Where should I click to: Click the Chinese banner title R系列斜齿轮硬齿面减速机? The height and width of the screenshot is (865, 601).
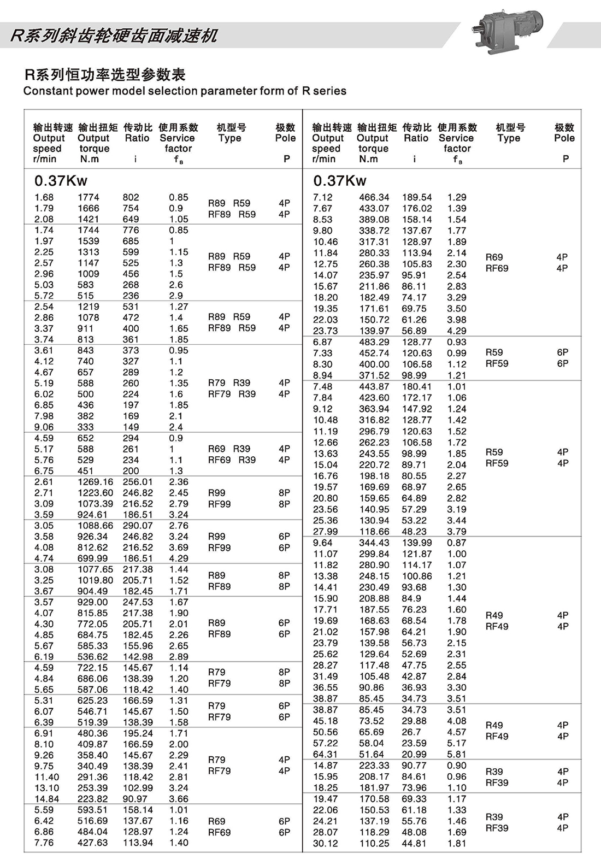(114, 36)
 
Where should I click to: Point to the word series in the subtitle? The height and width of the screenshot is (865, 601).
(329, 91)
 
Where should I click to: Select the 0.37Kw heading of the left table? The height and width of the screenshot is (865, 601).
(61, 180)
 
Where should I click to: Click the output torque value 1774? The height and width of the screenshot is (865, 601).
(89, 197)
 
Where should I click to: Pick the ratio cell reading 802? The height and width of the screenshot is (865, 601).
(131, 197)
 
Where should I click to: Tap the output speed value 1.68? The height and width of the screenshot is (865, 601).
(44, 197)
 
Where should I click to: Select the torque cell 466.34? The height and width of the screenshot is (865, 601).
(374, 197)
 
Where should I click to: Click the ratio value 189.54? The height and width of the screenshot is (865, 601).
(417, 197)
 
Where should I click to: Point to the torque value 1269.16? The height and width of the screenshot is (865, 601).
(96, 482)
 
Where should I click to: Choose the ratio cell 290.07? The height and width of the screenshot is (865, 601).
(138, 526)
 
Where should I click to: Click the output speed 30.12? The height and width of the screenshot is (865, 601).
(326, 843)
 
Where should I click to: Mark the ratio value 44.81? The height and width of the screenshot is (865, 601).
(414, 843)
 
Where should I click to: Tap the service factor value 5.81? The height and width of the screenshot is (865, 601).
(457, 754)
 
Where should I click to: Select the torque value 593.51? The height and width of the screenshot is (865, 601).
(93, 810)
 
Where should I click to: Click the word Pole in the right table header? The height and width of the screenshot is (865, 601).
(564, 138)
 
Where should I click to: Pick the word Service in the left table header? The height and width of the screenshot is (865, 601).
(177, 138)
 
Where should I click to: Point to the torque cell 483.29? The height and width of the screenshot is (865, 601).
(374, 342)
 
